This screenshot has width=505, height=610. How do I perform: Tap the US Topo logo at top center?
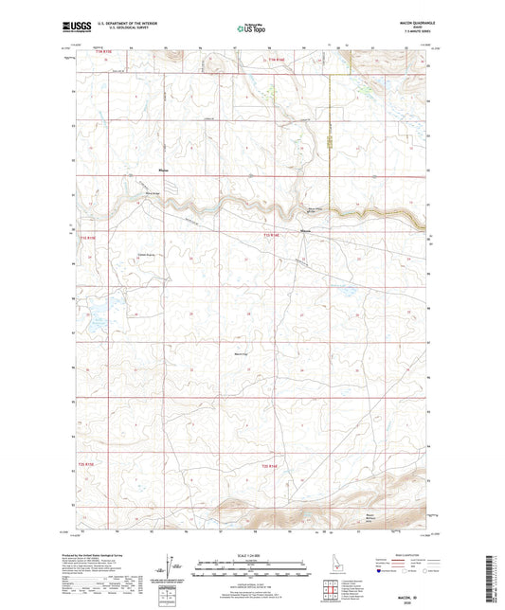click(251, 29)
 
